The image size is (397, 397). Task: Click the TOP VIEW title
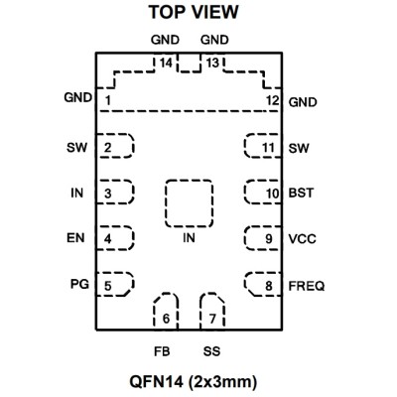click(x=194, y=12)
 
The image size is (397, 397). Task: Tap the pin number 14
click(x=166, y=63)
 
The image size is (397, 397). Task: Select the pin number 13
click(x=212, y=63)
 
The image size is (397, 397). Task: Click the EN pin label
click(x=75, y=238)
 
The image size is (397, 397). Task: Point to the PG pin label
click(x=79, y=284)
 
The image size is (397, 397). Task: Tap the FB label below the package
click(x=162, y=351)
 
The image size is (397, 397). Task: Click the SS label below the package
click(x=211, y=351)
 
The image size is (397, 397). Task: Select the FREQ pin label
click(x=307, y=286)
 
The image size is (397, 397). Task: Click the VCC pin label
click(x=302, y=239)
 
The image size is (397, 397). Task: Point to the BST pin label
click(x=301, y=193)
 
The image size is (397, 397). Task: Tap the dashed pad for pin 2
click(x=115, y=146)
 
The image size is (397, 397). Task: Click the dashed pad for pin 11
click(x=263, y=146)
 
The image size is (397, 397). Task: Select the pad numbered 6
click(x=166, y=312)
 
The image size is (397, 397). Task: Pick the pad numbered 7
click(x=212, y=312)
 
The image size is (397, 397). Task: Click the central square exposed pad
click(x=189, y=203)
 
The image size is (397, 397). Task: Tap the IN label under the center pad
click(x=189, y=238)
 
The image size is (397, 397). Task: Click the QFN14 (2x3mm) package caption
click(x=194, y=382)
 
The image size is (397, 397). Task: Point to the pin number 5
click(x=108, y=286)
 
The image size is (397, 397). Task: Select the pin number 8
click(x=269, y=286)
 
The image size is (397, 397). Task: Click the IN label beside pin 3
click(x=76, y=193)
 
